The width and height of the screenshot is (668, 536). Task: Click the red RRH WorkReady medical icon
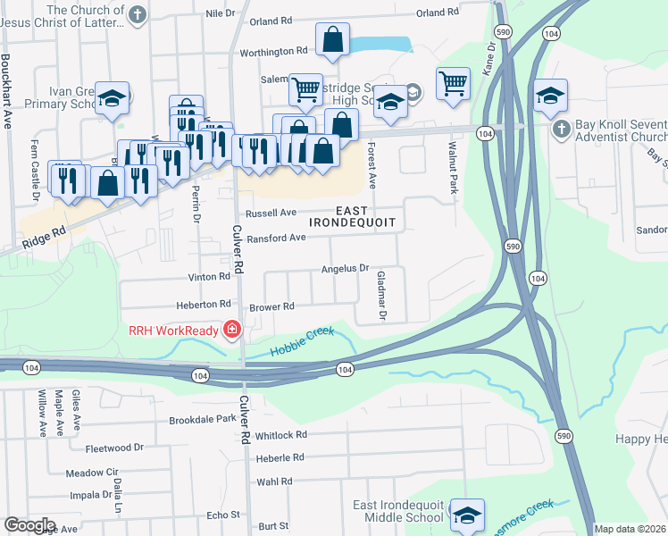[x=232, y=331]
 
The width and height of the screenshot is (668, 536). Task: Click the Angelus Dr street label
[x=345, y=269]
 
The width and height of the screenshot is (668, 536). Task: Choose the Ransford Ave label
[x=277, y=238]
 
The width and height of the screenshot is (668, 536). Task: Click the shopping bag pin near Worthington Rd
[x=333, y=40]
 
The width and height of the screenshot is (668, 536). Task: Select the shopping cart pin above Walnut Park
[x=454, y=84]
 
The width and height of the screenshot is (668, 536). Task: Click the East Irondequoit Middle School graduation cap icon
[x=467, y=515]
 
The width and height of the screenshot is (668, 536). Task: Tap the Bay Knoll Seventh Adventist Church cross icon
[x=560, y=130]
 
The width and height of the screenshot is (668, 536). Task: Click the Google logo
[x=29, y=525]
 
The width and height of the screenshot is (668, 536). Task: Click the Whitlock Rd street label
[x=280, y=435]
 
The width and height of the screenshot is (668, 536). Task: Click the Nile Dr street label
[x=220, y=13]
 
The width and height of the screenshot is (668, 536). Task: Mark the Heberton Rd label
[x=205, y=304]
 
